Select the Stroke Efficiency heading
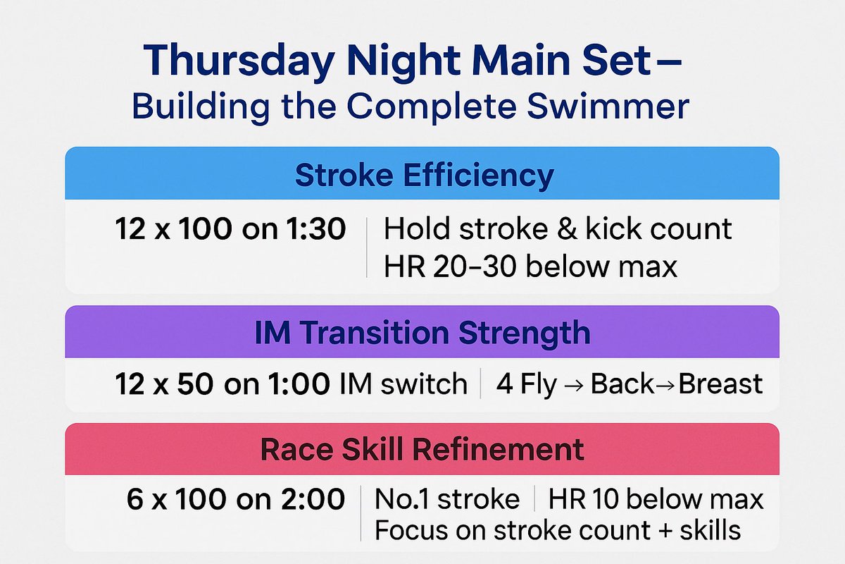click(x=423, y=175)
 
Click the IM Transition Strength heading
click(x=423, y=332)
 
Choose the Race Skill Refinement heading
click(x=423, y=449)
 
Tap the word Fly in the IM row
click(x=537, y=384)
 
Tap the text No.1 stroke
click(x=447, y=499)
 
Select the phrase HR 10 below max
click(x=656, y=499)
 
